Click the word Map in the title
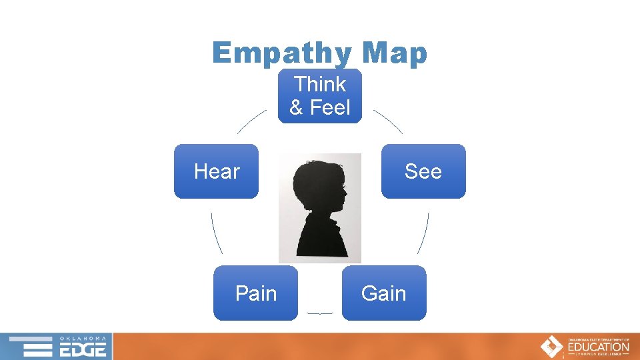pos(393,53)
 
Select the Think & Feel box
pos(320,95)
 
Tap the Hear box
pos(217,171)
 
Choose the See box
pos(423,171)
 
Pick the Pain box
pos(255,293)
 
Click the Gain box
pos(383,293)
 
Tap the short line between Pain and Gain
pos(319,313)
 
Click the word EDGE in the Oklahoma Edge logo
pos(83,349)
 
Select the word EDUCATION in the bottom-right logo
pos(598,347)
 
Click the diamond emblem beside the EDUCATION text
pos(551,347)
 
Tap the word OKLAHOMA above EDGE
pos(83,338)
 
